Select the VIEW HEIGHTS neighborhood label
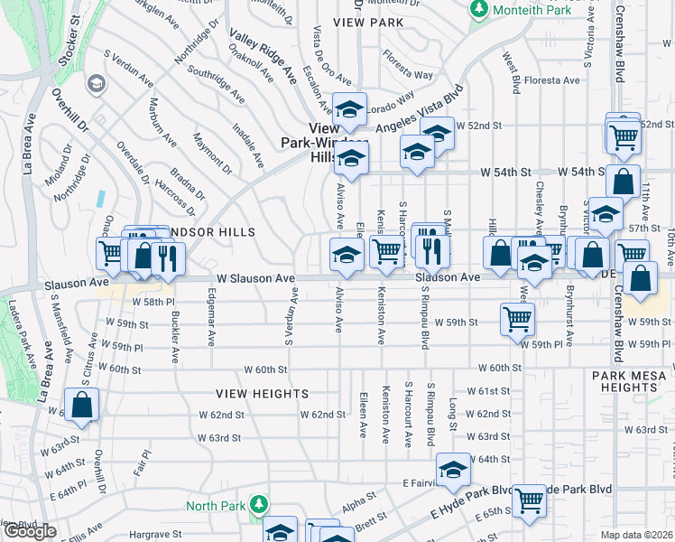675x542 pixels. [262, 394]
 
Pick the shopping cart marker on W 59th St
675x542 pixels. [518, 318]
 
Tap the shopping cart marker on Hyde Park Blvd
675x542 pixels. [528, 499]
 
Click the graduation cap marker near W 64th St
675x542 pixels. [453, 469]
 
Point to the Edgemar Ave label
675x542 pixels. [212, 325]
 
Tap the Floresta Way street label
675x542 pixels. [407, 70]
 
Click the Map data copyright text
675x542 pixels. [637, 535]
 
